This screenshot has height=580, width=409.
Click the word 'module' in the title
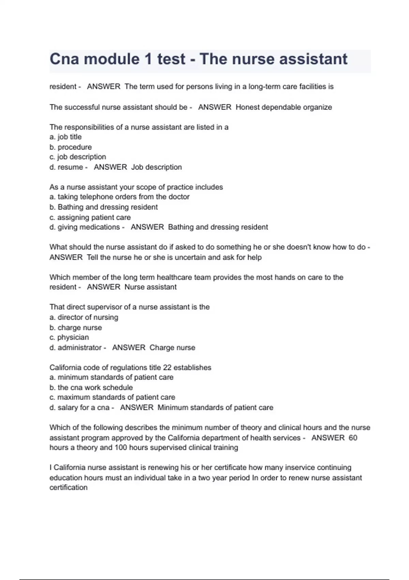point(111,59)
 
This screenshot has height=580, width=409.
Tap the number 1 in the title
point(148,59)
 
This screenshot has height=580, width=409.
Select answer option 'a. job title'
point(65,137)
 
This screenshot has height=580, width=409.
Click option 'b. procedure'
point(71,147)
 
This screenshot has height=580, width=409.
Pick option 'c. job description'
point(78,157)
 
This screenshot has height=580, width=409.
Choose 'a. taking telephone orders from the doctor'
point(119,197)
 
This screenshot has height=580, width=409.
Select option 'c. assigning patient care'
point(90,217)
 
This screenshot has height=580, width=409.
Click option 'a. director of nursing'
point(84,317)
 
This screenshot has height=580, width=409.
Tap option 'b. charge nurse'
point(76,328)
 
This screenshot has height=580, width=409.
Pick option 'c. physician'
point(69,337)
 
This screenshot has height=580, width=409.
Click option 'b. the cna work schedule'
point(91,388)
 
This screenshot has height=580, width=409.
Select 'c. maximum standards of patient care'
point(112,397)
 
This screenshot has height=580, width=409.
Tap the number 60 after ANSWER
point(353,438)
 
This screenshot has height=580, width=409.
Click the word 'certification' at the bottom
point(69,488)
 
